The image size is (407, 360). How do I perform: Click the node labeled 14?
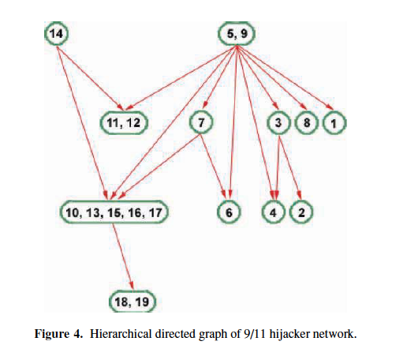tap(56, 33)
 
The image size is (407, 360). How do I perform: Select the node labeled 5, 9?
tap(237, 33)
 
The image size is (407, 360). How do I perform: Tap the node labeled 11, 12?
tap(124, 122)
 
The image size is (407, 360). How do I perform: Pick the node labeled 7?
tap(201, 122)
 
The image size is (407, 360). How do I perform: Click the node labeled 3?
tap(278, 122)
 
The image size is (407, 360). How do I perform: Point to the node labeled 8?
tap(307, 122)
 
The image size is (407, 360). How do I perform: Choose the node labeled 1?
tap(334, 123)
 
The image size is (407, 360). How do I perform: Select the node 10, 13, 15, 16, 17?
tap(114, 212)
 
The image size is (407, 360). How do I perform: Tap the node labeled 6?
tap(229, 212)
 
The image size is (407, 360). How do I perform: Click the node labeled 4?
tap(274, 212)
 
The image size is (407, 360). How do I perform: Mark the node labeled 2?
tap(301, 212)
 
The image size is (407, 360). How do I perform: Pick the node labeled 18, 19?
tap(133, 302)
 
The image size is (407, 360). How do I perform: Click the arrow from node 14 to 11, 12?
tap(90, 78)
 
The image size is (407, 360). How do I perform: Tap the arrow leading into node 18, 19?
tap(123, 257)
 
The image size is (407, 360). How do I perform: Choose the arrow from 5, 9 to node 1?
tap(285, 77)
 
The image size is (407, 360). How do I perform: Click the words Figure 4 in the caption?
tap(58, 334)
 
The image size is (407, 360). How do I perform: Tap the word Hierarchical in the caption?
tap(121, 334)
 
